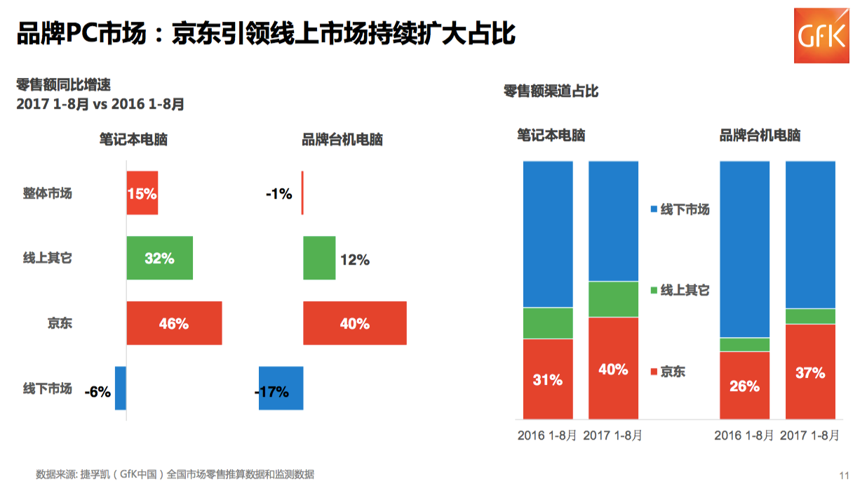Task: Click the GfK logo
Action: [x=821, y=35]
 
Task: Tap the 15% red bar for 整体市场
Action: [x=142, y=192]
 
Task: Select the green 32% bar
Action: [x=159, y=258]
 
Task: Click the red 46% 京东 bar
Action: [x=174, y=323]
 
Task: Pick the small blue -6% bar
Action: [x=121, y=388]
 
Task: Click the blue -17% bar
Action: [x=281, y=388]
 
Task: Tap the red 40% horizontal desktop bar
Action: [x=355, y=323]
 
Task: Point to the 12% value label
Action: [x=354, y=260]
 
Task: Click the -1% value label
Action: [x=278, y=193]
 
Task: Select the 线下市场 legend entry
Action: [x=680, y=209]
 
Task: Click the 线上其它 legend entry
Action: [x=680, y=290]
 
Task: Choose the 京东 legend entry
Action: [x=668, y=372]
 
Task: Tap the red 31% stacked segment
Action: [x=548, y=379]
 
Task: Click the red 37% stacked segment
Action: [x=810, y=372]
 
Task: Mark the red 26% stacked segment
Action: [x=744, y=386]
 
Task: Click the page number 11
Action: [x=844, y=475]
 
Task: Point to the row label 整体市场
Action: [x=48, y=192]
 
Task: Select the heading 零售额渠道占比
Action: [x=551, y=91]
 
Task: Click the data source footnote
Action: [x=175, y=474]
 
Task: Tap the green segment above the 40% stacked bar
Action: [x=613, y=299]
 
